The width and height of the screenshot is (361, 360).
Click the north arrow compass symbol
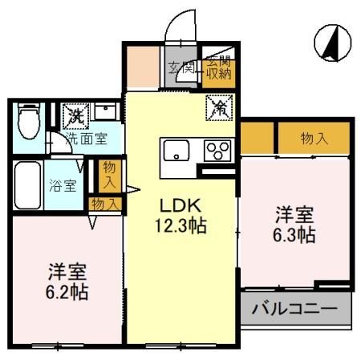pyautogui.click(x=332, y=43)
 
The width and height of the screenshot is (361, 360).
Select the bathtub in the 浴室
pyautogui.click(x=28, y=185)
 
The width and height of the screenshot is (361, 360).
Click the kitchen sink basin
pyautogui.click(x=176, y=150)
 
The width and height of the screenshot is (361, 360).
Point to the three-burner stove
pyautogui.click(x=217, y=151)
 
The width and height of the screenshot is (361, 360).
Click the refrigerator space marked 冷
pyautogui.click(x=219, y=107)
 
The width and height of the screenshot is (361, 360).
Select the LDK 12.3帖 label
pyautogui.click(x=180, y=216)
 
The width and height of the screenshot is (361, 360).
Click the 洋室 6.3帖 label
pyautogui.click(x=294, y=224)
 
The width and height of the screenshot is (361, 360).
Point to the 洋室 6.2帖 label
pyautogui.click(x=67, y=281)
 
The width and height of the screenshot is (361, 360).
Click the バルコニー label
pyautogui.click(x=294, y=309)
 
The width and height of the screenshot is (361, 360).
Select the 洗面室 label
pyautogui.click(x=87, y=139)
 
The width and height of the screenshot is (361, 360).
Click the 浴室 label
pyautogui.click(x=63, y=185)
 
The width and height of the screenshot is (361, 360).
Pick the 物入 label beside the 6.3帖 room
pyautogui.click(x=314, y=139)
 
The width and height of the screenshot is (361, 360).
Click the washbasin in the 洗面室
pyautogui.click(x=105, y=111)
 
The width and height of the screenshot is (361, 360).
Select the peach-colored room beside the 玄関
pyautogui.click(x=143, y=67)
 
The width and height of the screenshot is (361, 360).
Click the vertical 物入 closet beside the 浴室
pyautogui.click(x=110, y=176)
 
